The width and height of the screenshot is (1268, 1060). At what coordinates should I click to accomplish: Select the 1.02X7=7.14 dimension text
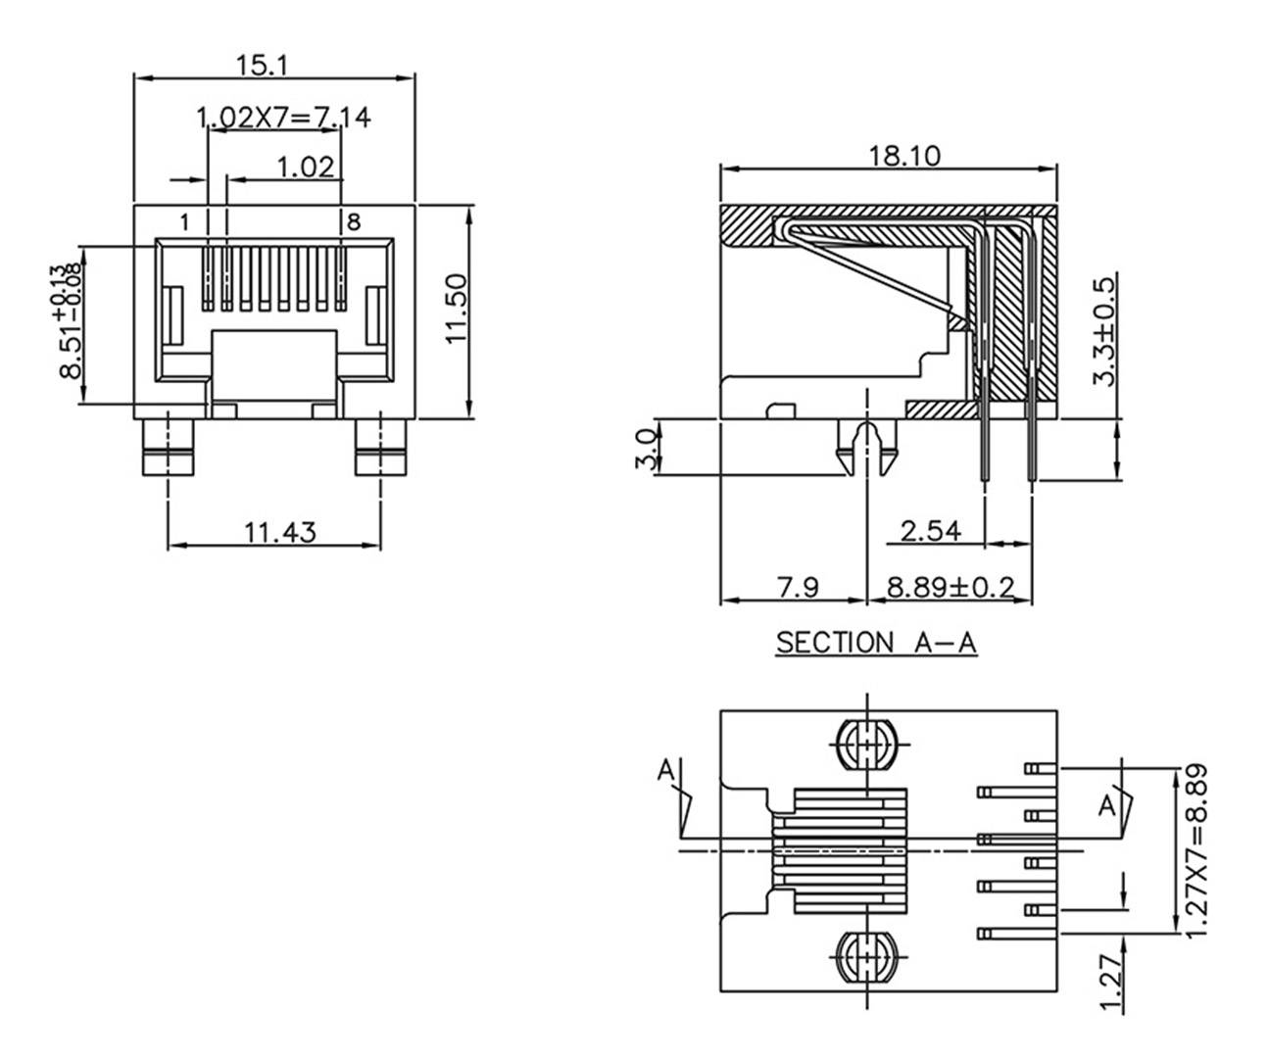[x=283, y=118]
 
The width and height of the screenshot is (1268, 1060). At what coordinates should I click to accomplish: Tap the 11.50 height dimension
[x=457, y=308]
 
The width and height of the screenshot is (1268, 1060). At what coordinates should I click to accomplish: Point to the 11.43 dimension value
[x=279, y=532]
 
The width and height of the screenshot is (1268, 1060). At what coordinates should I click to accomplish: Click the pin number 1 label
[x=184, y=222]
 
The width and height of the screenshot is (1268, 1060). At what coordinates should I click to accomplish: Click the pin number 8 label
[x=354, y=222]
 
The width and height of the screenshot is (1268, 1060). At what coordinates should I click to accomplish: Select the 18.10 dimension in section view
[x=903, y=155]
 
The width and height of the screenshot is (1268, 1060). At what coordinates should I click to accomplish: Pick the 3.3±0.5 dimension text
[x=1103, y=331]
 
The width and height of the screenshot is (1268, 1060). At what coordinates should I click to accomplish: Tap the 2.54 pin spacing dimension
[x=930, y=531]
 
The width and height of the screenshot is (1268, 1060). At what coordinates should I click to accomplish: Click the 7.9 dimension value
[x=797, y=588]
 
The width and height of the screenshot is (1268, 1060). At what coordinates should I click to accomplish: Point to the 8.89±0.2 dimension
[x=951, y=588]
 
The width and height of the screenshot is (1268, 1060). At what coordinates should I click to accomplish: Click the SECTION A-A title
[x=876, y=643]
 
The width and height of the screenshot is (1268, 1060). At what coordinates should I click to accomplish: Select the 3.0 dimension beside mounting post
[x=646, y=449]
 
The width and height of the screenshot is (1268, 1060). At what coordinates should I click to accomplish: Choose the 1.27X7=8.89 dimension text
[x=1198, y=849]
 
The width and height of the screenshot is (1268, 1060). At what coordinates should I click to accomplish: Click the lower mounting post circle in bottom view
[x=867, y=956]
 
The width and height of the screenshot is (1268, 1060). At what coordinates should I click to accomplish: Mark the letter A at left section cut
[x=666, y=771]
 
